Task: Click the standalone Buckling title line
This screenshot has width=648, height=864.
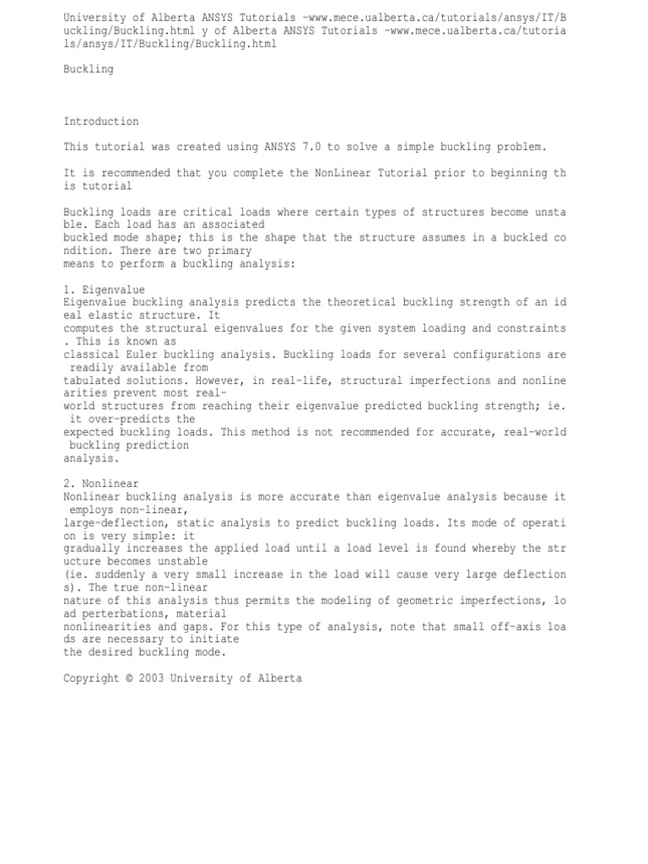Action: (88, 69)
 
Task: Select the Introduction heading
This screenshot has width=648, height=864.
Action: (100, 121)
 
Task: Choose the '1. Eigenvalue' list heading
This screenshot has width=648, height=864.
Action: (104, 289)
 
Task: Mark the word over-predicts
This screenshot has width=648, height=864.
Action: (115, 419)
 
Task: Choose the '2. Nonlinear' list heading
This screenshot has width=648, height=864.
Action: (100, 484)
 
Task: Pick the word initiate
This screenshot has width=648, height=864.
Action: (170, 640)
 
